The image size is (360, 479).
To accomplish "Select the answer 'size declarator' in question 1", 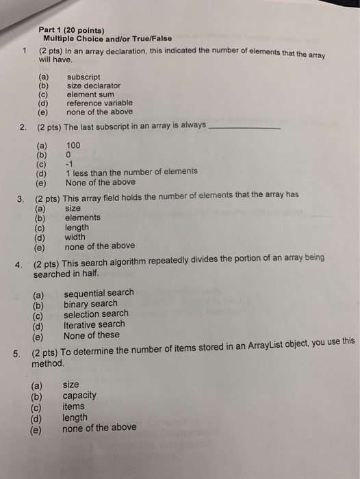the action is [93, 86].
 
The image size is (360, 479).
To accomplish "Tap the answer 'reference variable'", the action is [99, 103].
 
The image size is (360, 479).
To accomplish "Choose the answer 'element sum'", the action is [90, 94].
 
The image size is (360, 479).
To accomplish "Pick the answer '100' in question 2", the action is [73, 145].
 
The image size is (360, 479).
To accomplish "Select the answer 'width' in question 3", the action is [76, 237].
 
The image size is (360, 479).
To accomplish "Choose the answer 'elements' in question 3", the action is [82, 218].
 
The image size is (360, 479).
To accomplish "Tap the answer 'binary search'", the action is [90, 304].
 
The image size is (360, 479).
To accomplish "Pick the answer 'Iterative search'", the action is [94, 324].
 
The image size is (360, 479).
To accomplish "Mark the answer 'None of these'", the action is [91, 335].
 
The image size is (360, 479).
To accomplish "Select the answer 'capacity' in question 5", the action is [79, 396].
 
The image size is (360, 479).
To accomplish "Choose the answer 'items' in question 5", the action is [73, 406].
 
